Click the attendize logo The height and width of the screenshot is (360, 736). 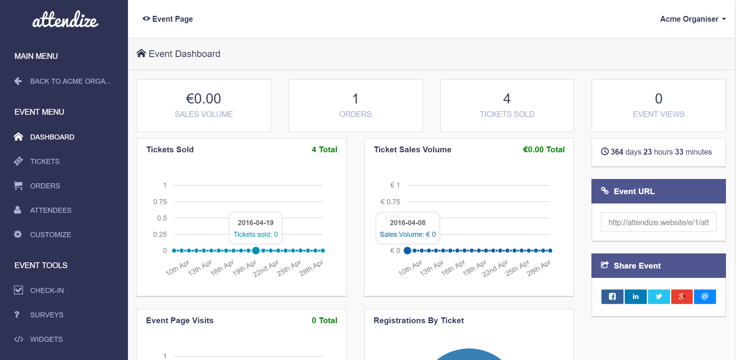65,19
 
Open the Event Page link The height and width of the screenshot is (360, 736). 168,19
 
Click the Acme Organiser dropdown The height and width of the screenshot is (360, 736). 693,19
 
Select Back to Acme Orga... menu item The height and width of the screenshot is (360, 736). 70,81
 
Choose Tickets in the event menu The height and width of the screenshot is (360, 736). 45,162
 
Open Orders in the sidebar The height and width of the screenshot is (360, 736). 45,186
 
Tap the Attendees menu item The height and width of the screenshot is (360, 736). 51,210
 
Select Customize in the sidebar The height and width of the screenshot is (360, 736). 50,235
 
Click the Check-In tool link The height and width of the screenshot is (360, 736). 47,291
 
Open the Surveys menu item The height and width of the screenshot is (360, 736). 47,315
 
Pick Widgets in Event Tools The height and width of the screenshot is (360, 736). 46,339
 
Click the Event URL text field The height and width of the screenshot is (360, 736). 658,222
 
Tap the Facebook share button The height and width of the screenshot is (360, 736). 612,297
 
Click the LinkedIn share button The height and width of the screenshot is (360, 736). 636,297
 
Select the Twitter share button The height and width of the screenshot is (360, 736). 658,297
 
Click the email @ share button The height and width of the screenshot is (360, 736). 705,297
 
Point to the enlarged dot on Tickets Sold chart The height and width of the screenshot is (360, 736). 256,251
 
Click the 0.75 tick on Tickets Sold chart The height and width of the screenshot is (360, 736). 160,202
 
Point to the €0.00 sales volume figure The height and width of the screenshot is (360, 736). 204,99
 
